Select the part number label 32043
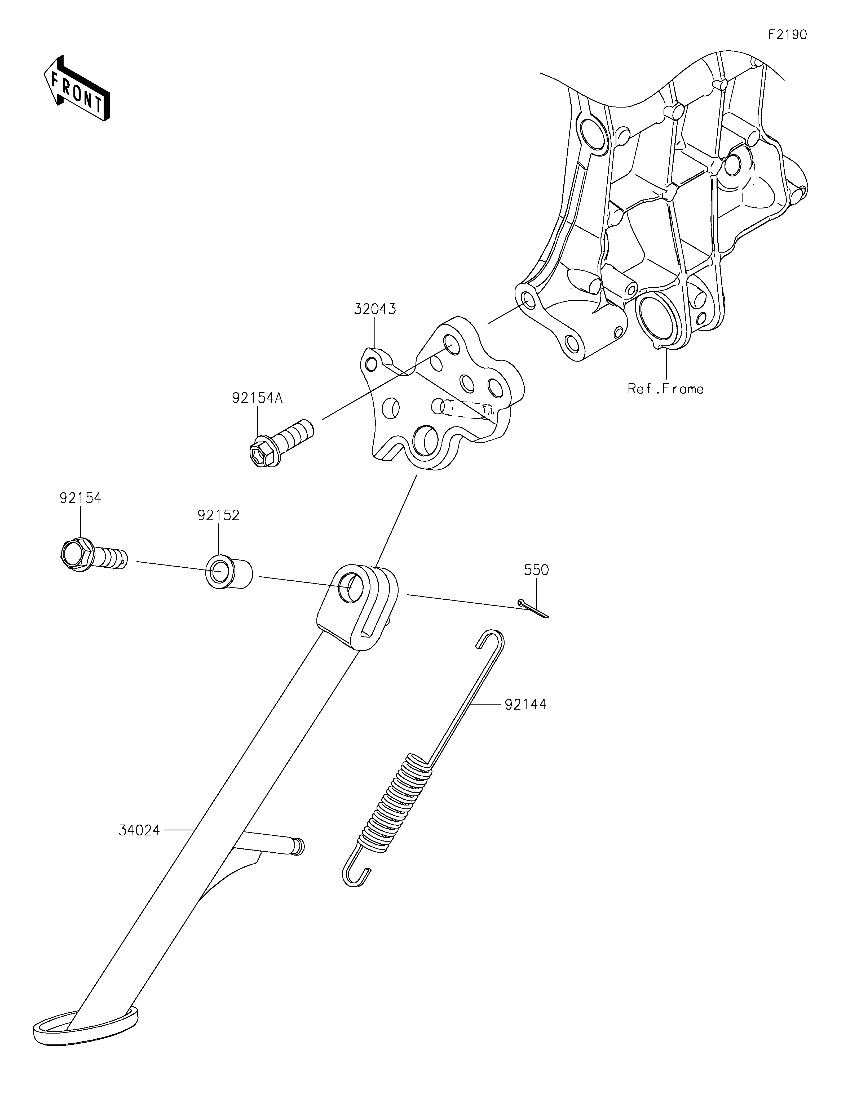(x=375, y=309)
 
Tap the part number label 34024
(x=139, y=830)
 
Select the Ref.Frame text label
(x=665, y=389)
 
